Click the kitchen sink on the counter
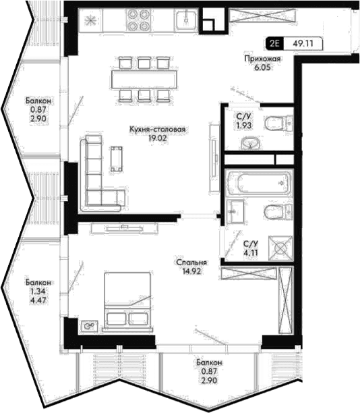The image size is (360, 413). (186, 20)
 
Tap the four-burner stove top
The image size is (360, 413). (137, 20)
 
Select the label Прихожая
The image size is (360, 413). (262, 59)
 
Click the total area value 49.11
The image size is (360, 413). (303, 43)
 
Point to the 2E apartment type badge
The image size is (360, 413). (274, 43)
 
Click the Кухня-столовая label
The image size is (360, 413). (158, 130)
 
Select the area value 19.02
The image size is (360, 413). (157, 138)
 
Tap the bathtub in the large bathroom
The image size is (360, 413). (260, 183)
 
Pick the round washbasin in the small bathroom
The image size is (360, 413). (251, 143)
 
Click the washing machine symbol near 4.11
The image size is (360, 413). (280, 248)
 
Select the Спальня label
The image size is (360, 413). (191, 263)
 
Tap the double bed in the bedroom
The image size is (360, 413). (128, 300)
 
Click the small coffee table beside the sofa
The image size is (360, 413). (117, 159)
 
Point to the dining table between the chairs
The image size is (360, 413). (144, 79)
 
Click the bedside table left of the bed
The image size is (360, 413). (90, 326)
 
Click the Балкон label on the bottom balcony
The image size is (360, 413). (209, 362)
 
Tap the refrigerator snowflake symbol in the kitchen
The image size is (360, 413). (90, 20)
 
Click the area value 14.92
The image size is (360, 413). (191, 271)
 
